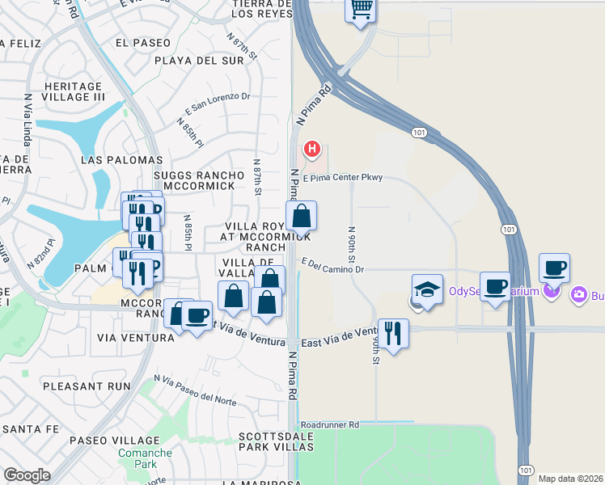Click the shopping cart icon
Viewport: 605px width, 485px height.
[x=362, y=10]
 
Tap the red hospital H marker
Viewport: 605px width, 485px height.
[x=312, y=150]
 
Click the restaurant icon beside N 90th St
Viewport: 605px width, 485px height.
[x=393, y=332]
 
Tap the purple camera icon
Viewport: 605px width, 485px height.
[x=579, y=294]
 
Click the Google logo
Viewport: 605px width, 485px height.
[x=27, y=475]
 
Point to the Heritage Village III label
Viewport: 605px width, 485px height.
[x=74, y=91]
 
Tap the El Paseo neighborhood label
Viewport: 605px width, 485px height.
[x=143, y=42]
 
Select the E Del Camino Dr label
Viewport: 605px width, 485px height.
[x=335, y=265]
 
